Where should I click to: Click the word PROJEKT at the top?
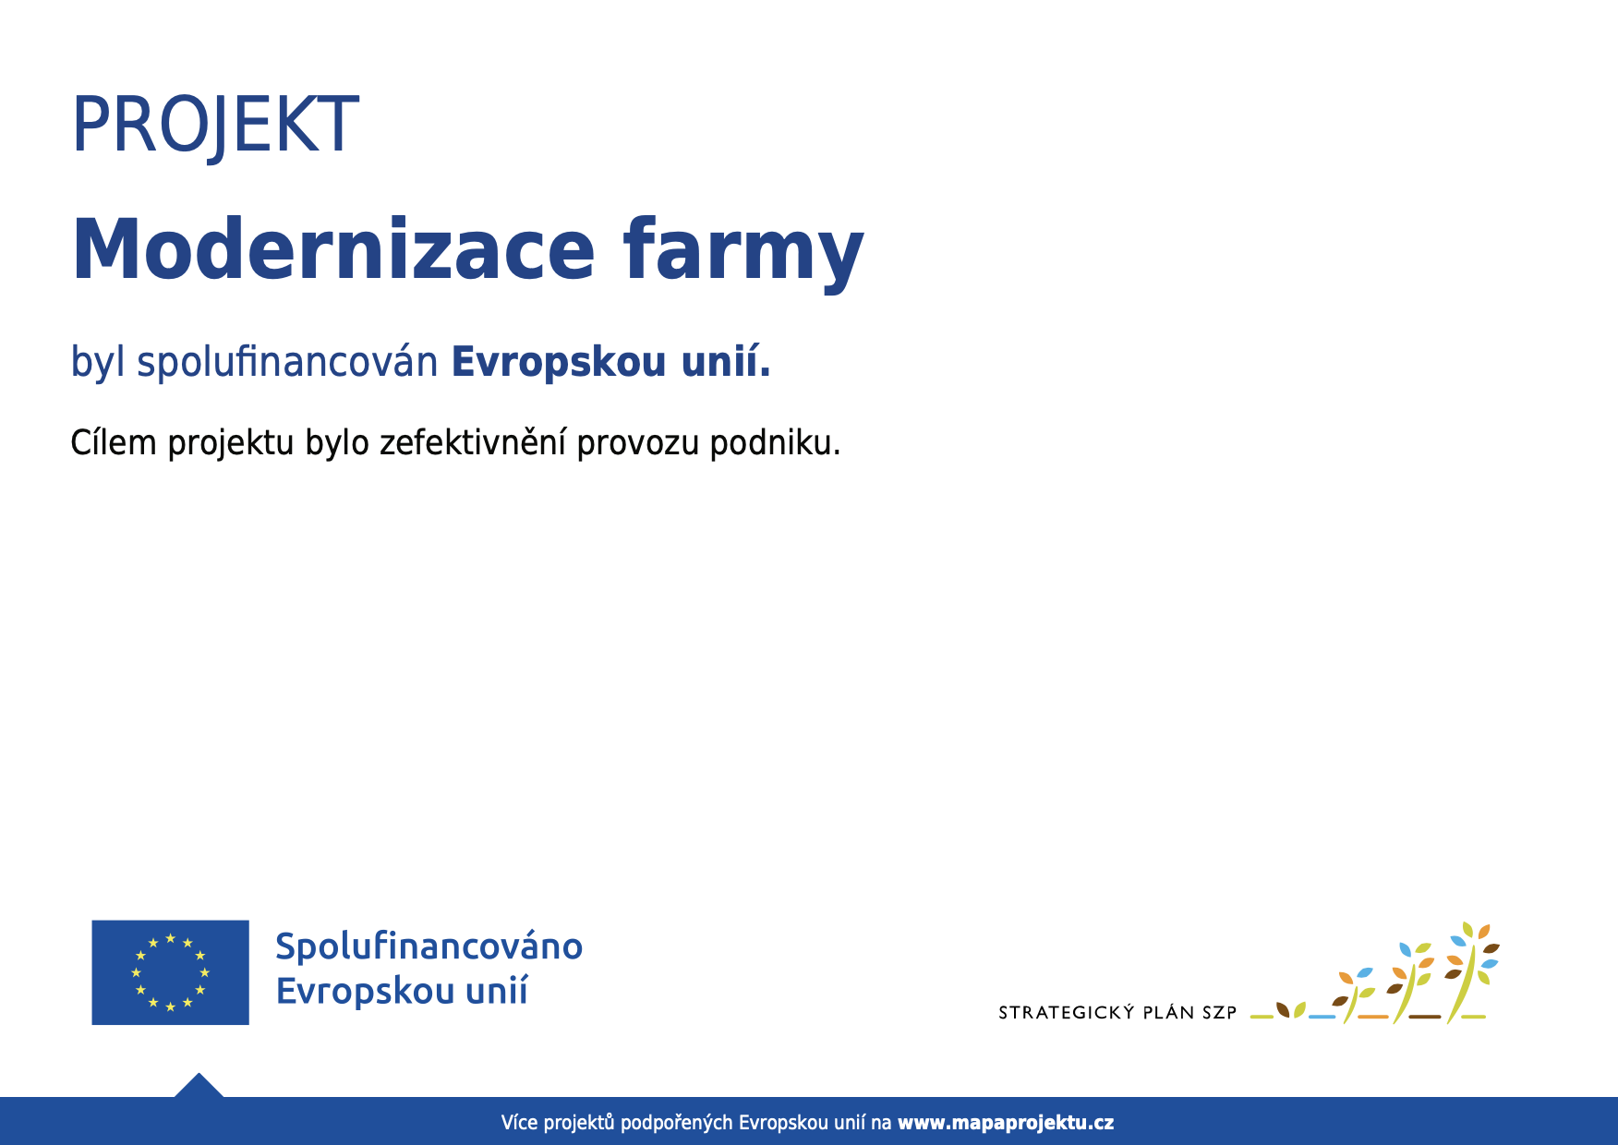(215, 125)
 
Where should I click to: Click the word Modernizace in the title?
(333, 249)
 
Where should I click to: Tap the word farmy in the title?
(743, 252)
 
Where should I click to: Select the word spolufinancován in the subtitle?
(287, 362)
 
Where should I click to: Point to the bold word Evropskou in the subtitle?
(559, 362)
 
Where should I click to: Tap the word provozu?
(638, 445)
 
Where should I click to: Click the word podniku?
(775, 443)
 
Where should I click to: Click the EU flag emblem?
(170, 972)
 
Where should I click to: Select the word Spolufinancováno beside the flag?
(429, 946)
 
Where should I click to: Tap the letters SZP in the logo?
(1219, 1013)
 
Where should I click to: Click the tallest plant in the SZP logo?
(1473, 971)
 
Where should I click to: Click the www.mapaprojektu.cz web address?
(1006, 1123)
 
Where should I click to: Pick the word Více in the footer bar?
(519, 1123)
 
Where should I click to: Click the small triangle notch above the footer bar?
(199, 1085)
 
